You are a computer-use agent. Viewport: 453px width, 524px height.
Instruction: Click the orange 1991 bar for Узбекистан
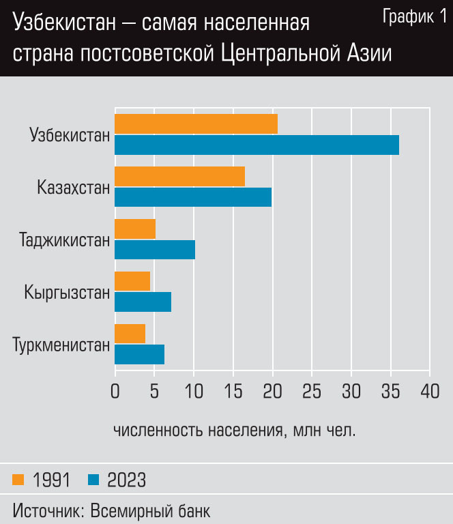[196, 124]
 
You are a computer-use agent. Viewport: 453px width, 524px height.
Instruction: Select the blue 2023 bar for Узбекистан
[257, 145]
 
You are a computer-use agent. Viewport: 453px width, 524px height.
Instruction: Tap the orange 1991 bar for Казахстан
[179, 177]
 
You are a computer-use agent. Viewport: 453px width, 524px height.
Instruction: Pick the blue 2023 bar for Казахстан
[193, 197]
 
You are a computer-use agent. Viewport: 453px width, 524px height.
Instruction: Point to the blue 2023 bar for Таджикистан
[155, 250]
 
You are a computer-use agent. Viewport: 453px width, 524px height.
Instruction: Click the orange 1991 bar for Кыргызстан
[132, 281]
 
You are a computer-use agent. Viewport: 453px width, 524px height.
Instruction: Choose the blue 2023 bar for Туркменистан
[139, 354]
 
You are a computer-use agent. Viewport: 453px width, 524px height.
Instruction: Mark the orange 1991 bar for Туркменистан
[130, 334]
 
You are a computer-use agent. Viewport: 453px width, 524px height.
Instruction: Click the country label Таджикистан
[65, 240]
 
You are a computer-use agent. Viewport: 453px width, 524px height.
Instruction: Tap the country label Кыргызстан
[67, 293]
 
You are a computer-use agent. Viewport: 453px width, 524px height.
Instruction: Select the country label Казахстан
[74, 187]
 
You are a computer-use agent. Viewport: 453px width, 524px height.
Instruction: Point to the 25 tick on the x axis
[312, 392]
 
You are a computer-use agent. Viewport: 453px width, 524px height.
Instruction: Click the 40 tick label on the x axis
[429, 392]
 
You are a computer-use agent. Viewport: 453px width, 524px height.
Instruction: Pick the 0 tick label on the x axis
[115, 392]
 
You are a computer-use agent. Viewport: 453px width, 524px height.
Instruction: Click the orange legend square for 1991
[18, 480]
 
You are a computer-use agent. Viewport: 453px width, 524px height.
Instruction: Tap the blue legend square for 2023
[94, 480]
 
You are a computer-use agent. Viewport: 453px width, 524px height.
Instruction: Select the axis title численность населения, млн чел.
[234, 431]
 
